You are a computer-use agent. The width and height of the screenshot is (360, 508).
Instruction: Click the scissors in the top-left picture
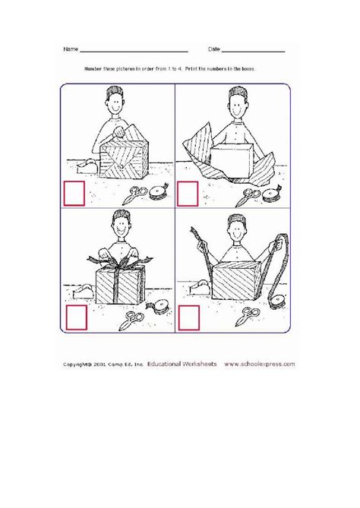point(136,194)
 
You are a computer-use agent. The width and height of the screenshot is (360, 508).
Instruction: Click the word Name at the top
point(71,50)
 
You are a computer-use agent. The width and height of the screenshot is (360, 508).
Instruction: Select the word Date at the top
point(215,50)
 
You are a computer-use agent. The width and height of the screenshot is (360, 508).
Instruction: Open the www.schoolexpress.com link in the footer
point(260,364)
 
